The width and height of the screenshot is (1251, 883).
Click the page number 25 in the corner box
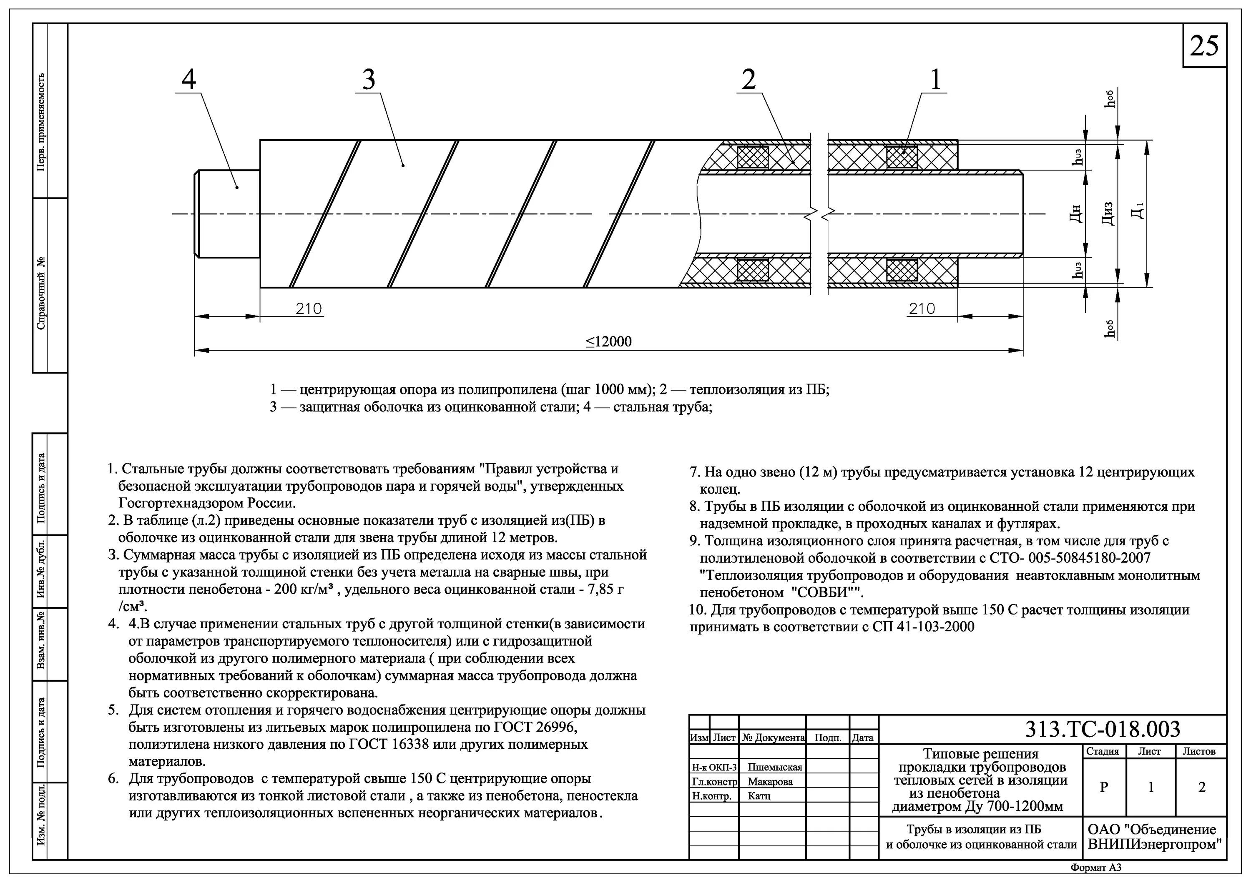point(1204,46)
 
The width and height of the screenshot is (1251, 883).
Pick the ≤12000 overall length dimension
point(608,341)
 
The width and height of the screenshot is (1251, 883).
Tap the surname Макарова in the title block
point(770,782)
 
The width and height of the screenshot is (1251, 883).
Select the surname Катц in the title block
point(759,796)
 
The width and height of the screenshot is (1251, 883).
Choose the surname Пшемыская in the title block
point(774,767)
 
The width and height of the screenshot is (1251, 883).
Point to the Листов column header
point(1199,751)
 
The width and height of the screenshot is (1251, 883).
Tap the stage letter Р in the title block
point(1103,787)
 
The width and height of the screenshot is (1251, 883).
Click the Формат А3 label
point(1096,868)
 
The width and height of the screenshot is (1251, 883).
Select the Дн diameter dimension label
point(1075,213)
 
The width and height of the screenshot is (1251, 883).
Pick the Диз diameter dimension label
point(1107,213)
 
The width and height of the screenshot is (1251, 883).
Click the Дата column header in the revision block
point(862,738)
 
